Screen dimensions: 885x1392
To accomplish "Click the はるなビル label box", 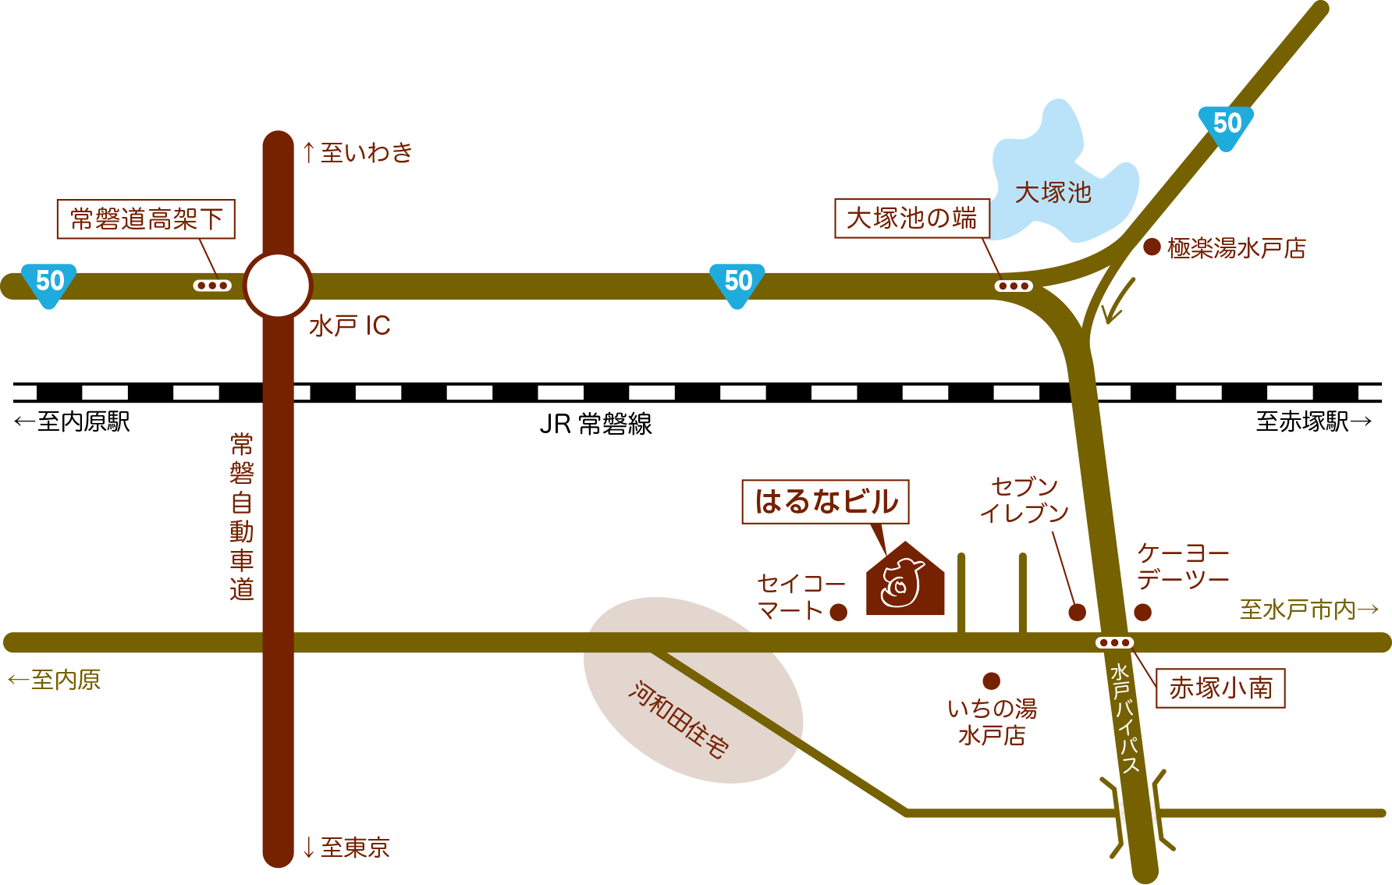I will click(826, 502).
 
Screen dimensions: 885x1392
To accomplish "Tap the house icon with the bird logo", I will click(905, 581).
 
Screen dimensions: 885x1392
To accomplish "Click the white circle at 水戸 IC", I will click(278, 285).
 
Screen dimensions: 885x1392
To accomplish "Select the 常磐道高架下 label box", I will click(146, 219).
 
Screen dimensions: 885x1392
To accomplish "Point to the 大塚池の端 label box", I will click(912, 219).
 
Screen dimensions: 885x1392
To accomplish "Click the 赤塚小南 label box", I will click(1220, 688).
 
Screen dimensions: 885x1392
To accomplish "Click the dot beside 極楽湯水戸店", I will click(1152, 247).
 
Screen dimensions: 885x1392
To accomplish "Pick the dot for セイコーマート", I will click(839, 613).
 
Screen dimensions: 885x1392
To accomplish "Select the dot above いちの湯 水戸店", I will click(991, 681).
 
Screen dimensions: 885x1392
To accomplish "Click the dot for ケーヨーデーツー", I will click(1142, 613).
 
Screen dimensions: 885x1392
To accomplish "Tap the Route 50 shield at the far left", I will click(49, 283).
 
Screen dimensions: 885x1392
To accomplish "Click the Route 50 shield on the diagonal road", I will click(1226, 125).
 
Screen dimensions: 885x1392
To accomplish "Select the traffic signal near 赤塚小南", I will click(1114, 643).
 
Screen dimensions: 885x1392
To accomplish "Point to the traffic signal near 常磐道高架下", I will click(212, 286).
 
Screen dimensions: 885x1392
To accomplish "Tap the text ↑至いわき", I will click(357, 153).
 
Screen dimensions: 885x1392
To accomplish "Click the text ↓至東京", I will click(346, 848).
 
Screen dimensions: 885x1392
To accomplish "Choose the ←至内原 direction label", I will click(55, 680).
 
